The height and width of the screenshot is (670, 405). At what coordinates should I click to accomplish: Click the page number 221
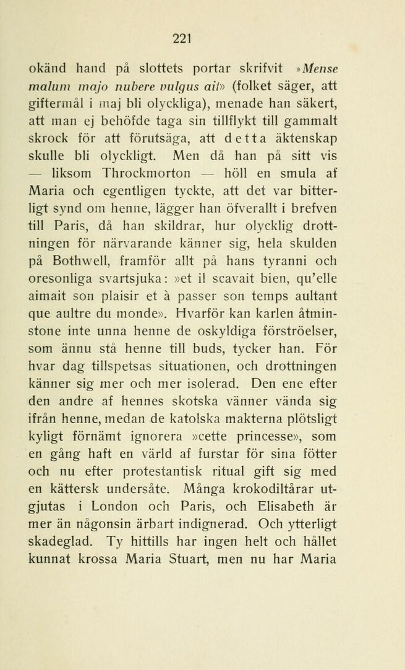[x=181, y=38]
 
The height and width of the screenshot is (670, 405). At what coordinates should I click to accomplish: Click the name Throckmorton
[x=140, y=174]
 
